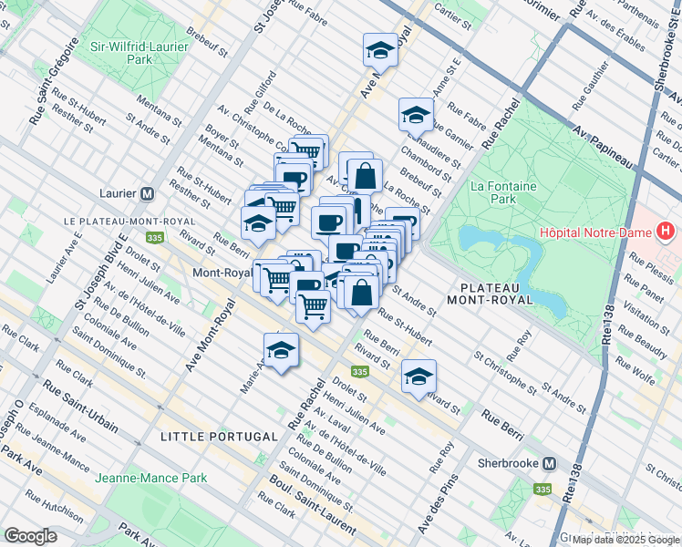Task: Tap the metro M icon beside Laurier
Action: click(x=147, y=193)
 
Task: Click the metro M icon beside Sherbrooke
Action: click(x=549, y=463)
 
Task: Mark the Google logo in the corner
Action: click(x=30, y=536)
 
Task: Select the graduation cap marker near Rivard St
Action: click(x=418, y=377)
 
